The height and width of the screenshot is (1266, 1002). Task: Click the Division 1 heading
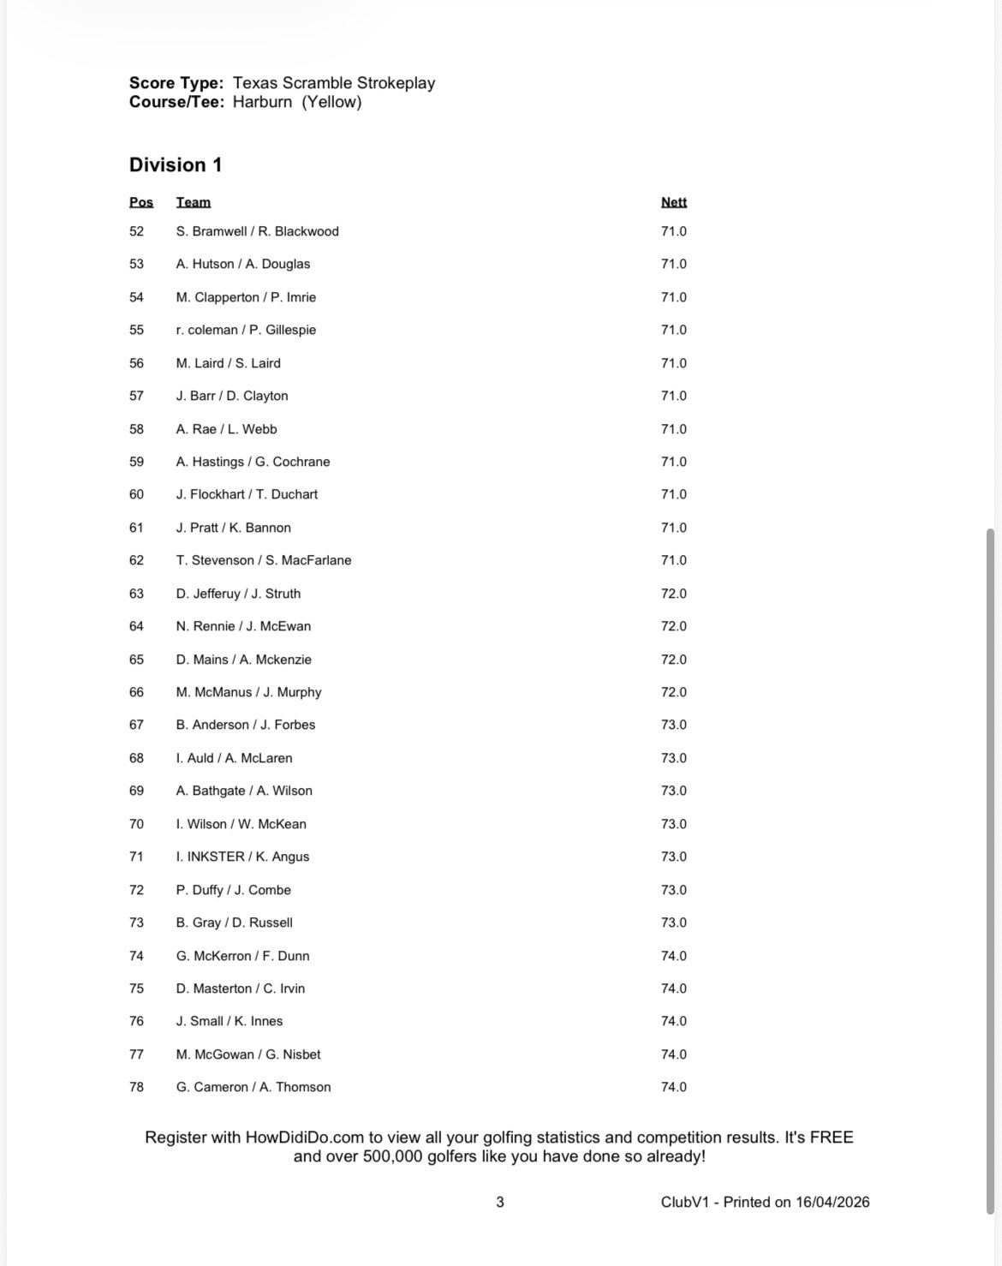(176, 165)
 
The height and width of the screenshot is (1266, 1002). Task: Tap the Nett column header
(674, 202)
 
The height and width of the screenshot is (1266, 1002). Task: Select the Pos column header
(141, 202)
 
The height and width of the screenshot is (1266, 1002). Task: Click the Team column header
(194, 202)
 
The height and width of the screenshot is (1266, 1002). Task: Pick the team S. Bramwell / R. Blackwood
(257, 231)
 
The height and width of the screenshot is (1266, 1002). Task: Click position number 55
(137, 330)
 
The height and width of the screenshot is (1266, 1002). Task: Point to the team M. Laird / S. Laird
(228, 363)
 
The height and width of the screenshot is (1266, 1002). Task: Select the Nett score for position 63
(674, 594)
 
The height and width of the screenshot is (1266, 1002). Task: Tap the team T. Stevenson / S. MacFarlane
(264, 560)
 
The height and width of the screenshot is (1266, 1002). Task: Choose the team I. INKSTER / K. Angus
(242, 857)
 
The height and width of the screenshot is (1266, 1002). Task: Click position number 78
(137, 1087)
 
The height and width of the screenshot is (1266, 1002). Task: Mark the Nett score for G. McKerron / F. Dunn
(674, 956)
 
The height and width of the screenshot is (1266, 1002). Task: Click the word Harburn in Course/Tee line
(263, 102)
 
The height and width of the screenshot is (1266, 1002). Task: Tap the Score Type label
(176, 83)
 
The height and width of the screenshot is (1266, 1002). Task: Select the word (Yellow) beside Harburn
(331, 102)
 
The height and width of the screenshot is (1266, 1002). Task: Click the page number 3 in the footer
(500, 1202)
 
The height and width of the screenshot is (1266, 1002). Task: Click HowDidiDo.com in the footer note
(305, 1138)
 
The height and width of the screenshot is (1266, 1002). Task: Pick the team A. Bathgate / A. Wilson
(244, 791)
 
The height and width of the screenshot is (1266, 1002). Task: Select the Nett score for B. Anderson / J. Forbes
(674, 725)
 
